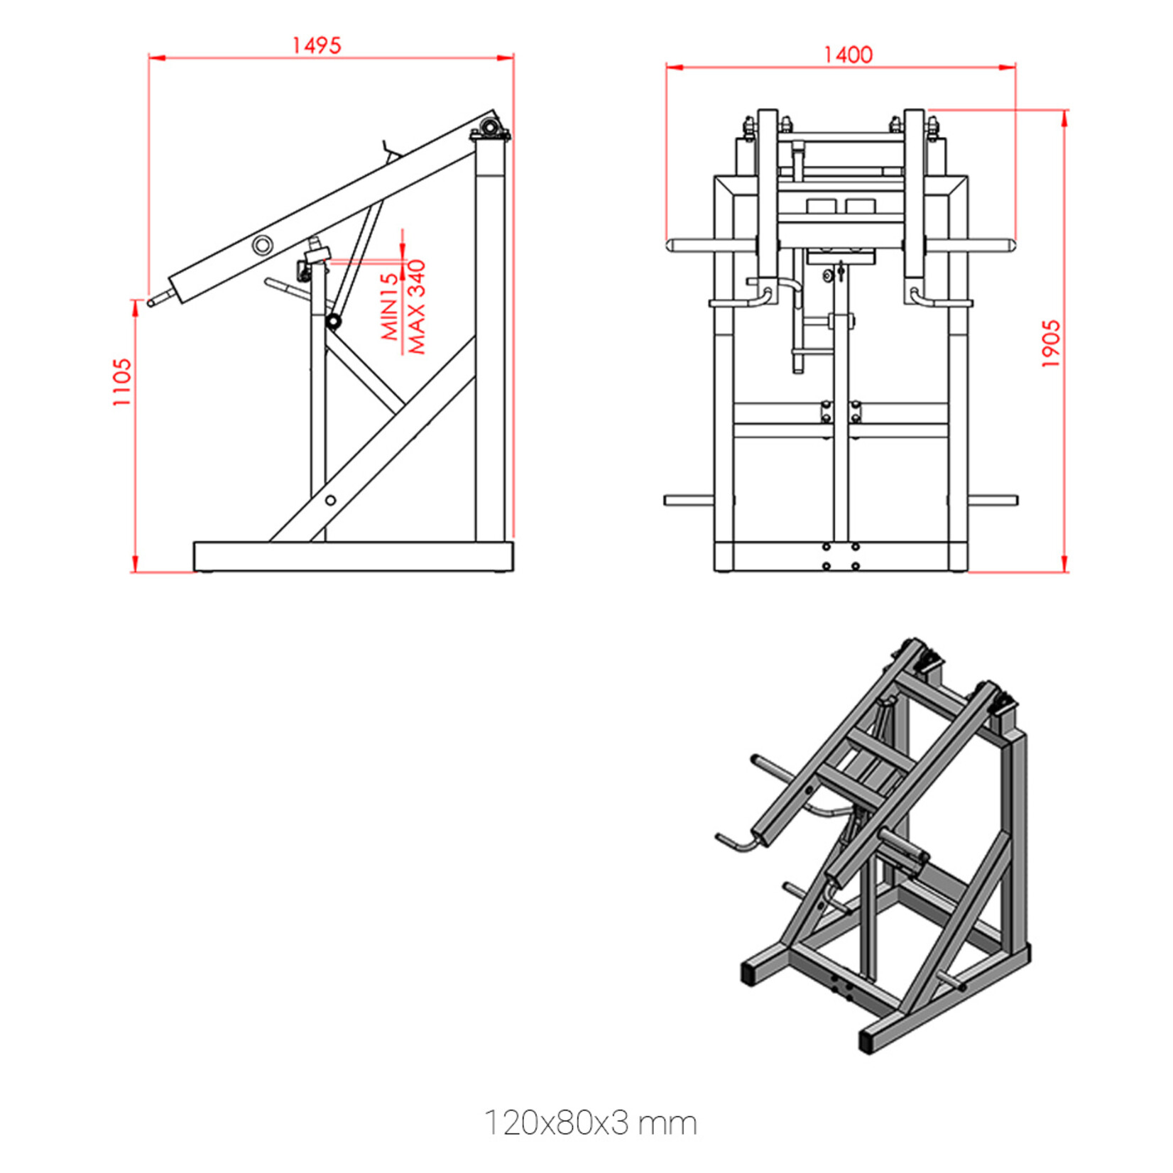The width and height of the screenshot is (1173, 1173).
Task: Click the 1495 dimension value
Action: (317, 45)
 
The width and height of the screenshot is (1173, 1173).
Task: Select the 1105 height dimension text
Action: (122, 382)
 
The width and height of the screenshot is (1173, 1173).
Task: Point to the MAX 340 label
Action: (416, 307)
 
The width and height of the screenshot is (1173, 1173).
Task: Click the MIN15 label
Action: (390, 307)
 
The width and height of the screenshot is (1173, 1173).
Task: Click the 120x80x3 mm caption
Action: (590, 1123)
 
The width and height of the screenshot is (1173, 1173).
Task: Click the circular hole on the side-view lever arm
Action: (262, 245)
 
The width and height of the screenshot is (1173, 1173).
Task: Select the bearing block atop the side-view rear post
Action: (490, 130)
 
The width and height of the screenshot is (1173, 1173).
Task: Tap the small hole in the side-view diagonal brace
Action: (330, 501)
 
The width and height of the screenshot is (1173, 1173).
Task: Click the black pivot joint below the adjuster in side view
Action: (333, 322)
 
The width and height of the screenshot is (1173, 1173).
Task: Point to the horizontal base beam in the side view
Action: (353, 556)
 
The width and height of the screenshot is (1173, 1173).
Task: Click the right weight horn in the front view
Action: (971, 246)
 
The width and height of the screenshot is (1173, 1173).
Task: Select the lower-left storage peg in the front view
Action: (689, 501)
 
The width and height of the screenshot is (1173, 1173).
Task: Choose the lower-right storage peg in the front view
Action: (993, 501)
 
